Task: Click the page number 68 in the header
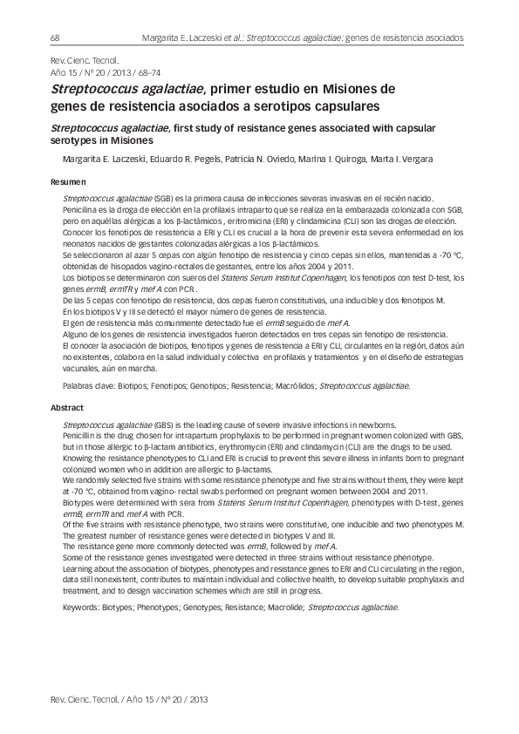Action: [55, 38]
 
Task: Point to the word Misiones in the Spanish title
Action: [361, 88]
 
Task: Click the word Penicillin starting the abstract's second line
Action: [83, 433]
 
